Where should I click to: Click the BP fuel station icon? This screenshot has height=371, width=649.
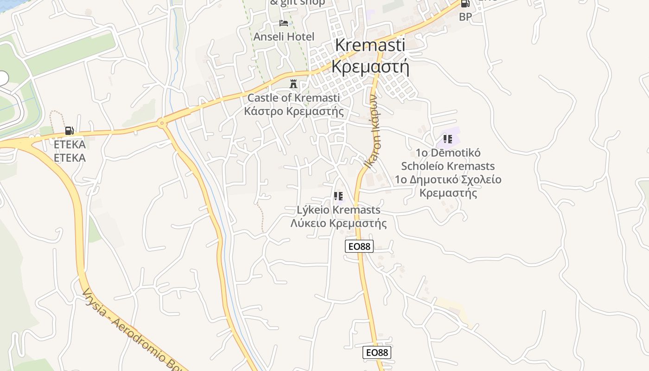coord(465,3)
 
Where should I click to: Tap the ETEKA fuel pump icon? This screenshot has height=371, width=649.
coord(70,131)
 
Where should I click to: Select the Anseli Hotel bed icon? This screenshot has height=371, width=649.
coord(284,23)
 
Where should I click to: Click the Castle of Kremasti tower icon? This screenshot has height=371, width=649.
coord(293,84)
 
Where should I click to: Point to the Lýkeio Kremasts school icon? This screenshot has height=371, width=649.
coord(338,196)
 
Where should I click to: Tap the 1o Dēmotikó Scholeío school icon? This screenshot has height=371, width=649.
coord(447,139)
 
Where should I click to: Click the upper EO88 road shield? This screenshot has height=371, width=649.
coord(359,246)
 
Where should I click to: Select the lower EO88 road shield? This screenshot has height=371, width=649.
coord(377,352)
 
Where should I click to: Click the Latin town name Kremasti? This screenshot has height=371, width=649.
coord(370,45)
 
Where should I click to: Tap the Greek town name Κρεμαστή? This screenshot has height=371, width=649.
coord(370,66)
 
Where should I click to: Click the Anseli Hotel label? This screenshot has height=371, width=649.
coord(284,37)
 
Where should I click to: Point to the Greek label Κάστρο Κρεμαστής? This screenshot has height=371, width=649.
coord(294,111)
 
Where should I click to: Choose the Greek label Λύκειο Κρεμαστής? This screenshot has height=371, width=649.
coord(338,223)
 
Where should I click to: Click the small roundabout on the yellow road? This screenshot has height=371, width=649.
coord(161,123)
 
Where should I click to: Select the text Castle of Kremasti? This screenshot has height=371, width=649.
coord(293,98)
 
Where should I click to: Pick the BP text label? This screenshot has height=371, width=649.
coord(465,17)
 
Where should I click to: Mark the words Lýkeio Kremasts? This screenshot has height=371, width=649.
coord(338,210)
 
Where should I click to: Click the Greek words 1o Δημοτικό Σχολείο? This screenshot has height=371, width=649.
coord(448,179)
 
